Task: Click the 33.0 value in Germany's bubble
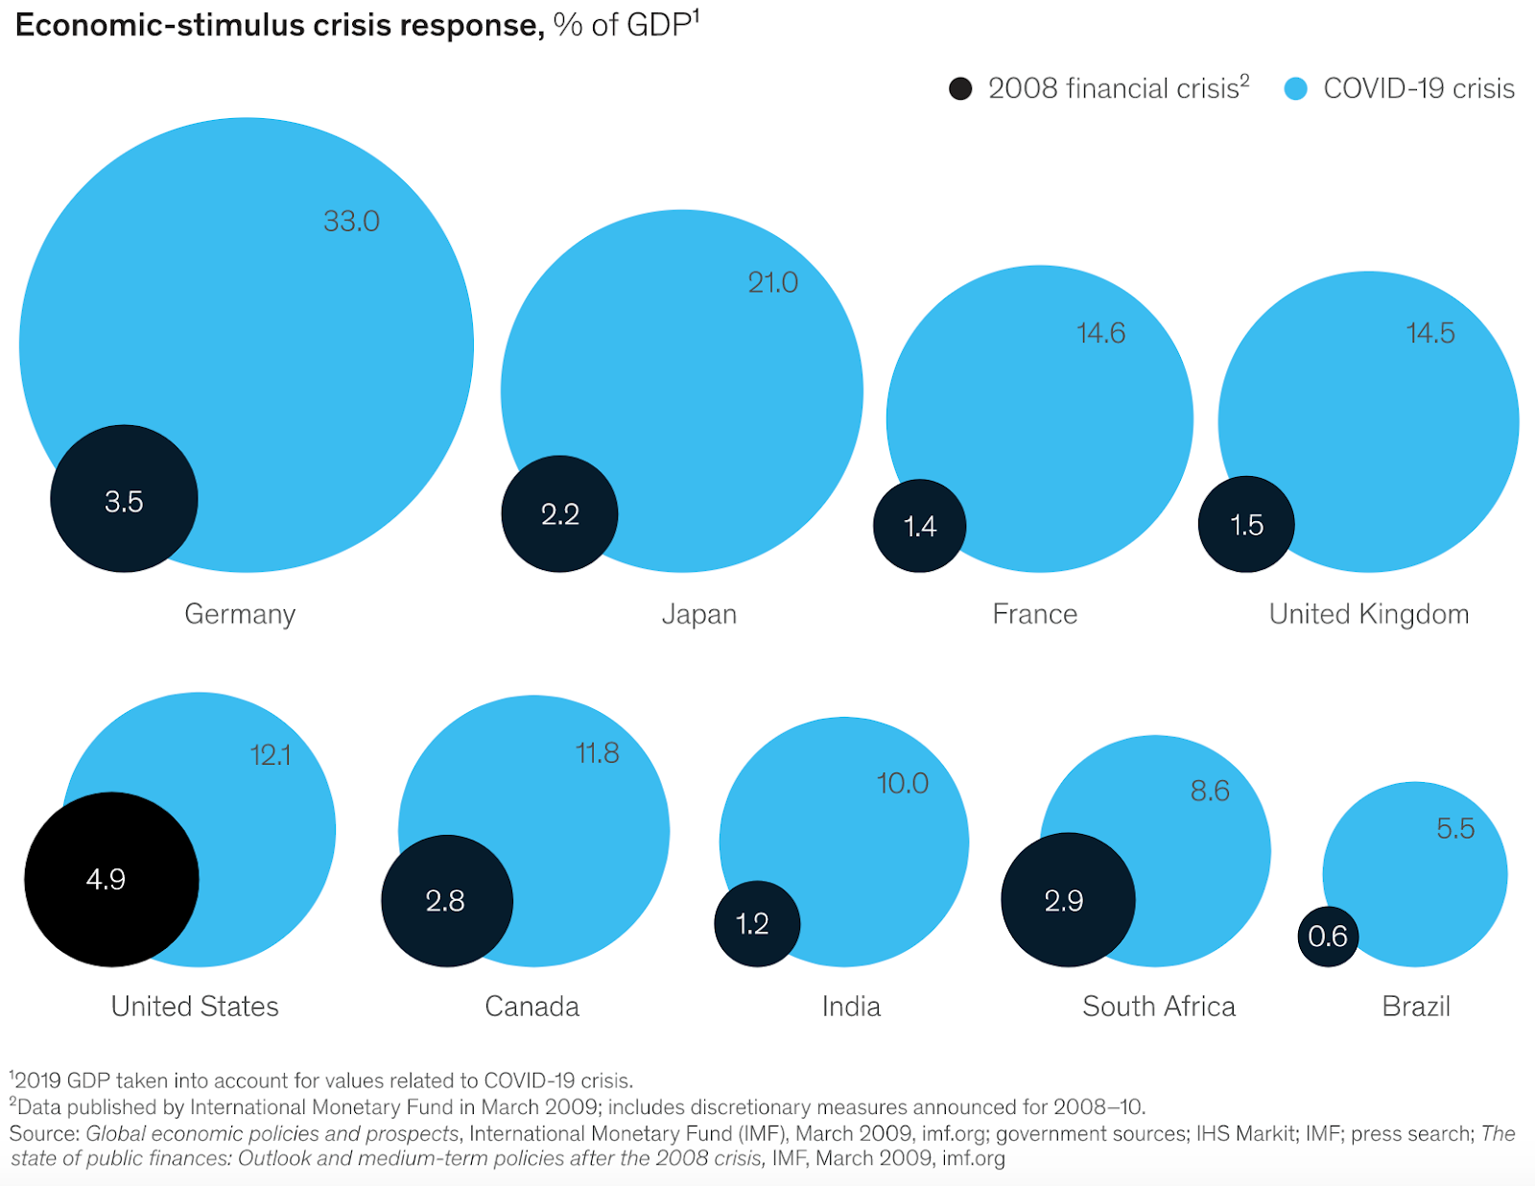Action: click(351, 222)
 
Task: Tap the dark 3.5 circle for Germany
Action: click(124, 499)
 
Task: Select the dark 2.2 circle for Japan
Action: click(559, 514)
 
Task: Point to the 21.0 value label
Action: click(772, 283)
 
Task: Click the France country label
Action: click(1034, 614)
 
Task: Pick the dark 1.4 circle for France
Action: click(919, 526)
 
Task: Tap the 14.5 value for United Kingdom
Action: click(1429, 334)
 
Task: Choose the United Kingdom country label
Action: click(1368, 614)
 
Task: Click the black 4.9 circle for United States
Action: click(111, 879)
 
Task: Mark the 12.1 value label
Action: click(270, 756)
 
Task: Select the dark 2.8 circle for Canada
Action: click(446, 901)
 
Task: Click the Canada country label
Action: click(531, 1007)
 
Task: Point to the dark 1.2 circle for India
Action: click(756, 924)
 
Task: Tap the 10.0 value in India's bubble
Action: click(902, 784)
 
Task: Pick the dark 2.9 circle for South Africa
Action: click(1067, 900)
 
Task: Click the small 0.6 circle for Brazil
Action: click(1328, 937)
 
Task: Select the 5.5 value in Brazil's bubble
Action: click(1454, 829)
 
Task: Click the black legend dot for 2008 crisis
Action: click(959, 89)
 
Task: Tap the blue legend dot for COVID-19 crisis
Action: click(1295, 89)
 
